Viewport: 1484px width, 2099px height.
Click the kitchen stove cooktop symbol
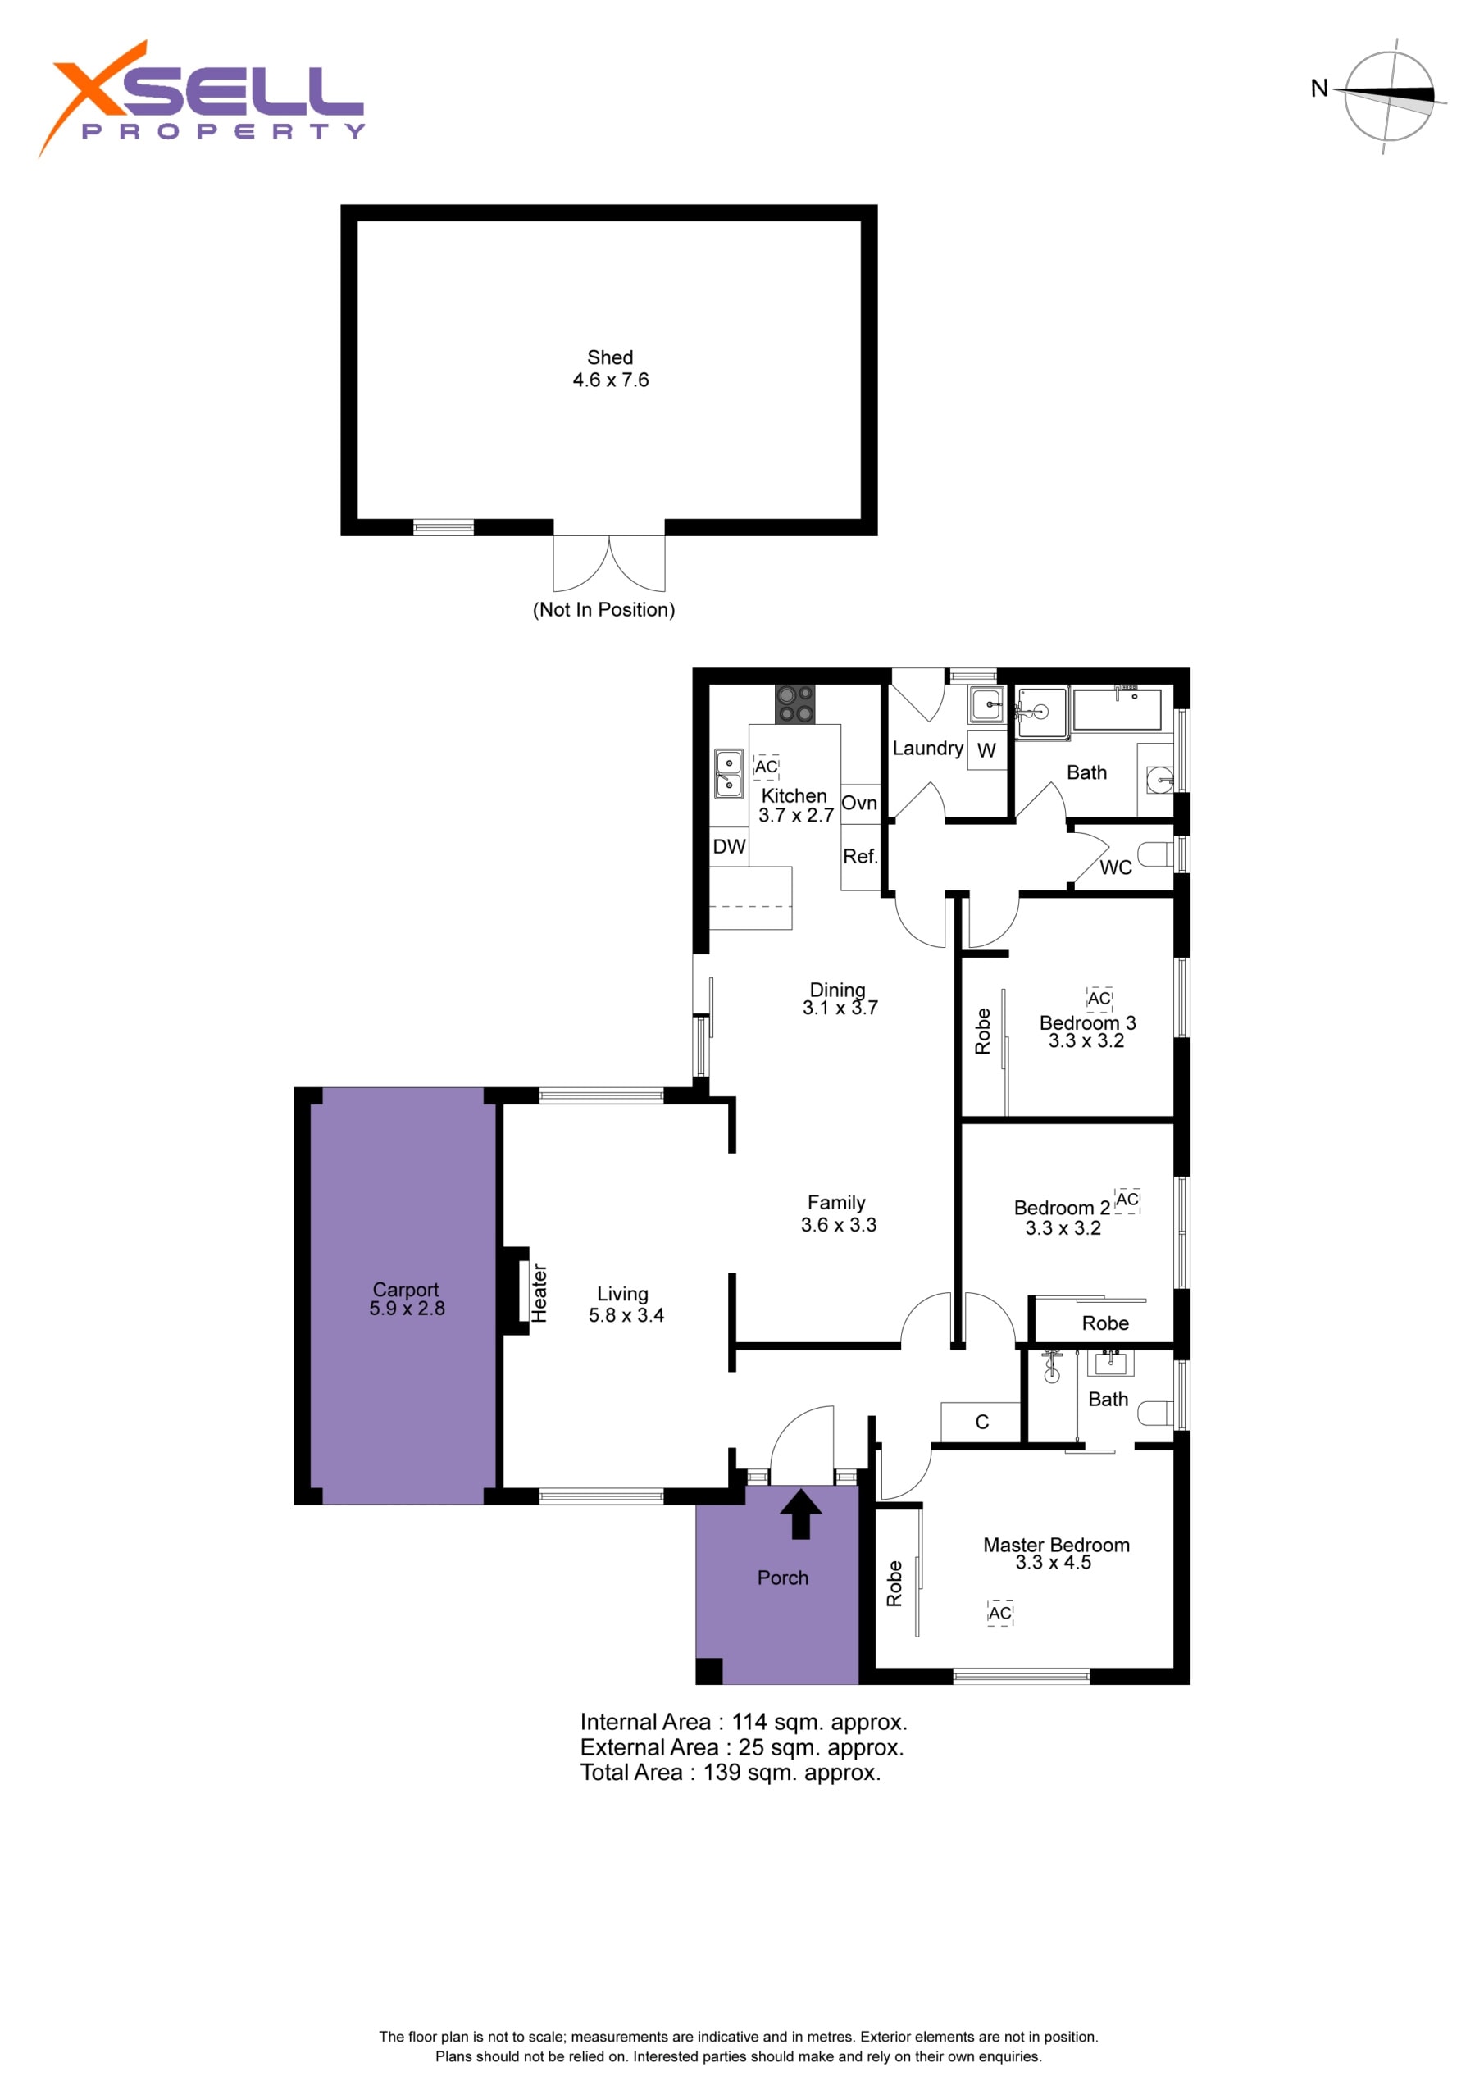click(x=794, y=704)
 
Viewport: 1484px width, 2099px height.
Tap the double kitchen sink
click(x=729, y=773)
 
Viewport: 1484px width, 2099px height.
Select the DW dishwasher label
click(x=729, y=846)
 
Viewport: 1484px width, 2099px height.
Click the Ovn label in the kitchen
click(x=858, y=803)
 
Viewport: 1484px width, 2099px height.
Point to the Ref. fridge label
click(x=859, y=857)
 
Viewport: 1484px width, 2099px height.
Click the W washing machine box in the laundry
click(x=986, y=750)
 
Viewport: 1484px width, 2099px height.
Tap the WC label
click(x=1116, y=867)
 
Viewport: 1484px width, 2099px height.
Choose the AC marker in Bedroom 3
click(x=1099, y=999)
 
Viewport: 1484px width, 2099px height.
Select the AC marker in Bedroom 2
click(x=1127, y=1200)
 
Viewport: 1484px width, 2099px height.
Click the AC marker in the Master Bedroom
click(x=1000, y=1613)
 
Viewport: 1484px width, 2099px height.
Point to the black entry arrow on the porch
click(x=800, y=1515)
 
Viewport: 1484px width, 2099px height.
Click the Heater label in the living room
click(x=539, y=1294)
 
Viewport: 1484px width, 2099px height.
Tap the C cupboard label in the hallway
click(x=982, y=1422)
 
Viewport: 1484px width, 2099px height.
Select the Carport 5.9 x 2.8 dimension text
click(x=407, y=1309)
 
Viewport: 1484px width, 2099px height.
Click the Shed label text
click(x=610, y=357)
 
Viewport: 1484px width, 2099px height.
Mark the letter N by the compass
click(x=1318, y=89)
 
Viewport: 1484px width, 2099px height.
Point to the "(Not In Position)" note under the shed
click(x=603, y=610)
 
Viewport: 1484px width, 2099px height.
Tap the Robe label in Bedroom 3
click(x=983, y=1031)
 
